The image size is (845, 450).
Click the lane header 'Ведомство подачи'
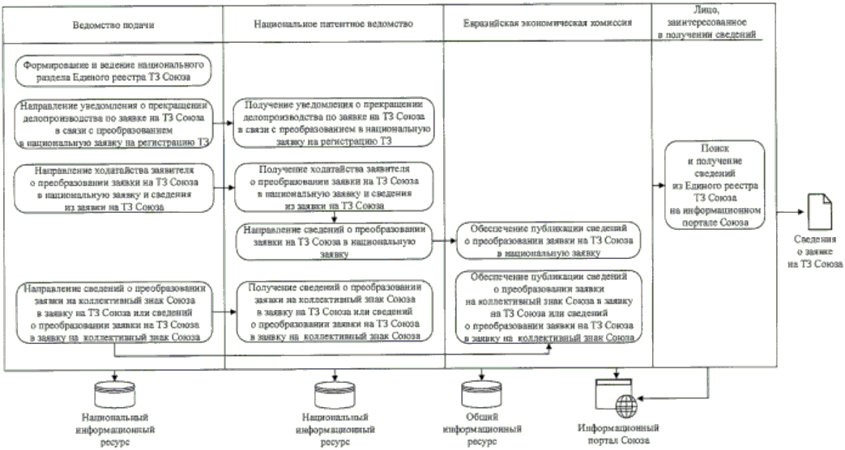(113, 24)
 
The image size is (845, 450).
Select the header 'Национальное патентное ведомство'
(333, 24)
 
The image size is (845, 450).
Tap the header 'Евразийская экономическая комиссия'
(548, 24)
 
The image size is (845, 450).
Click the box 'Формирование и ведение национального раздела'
(113, 69)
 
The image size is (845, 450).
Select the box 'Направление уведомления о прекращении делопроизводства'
(113, 123)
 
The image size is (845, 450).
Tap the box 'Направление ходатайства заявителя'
(113, 189)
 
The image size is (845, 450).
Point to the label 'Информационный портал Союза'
(617, 434)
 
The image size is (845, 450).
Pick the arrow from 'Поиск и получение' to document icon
(785, 212)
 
